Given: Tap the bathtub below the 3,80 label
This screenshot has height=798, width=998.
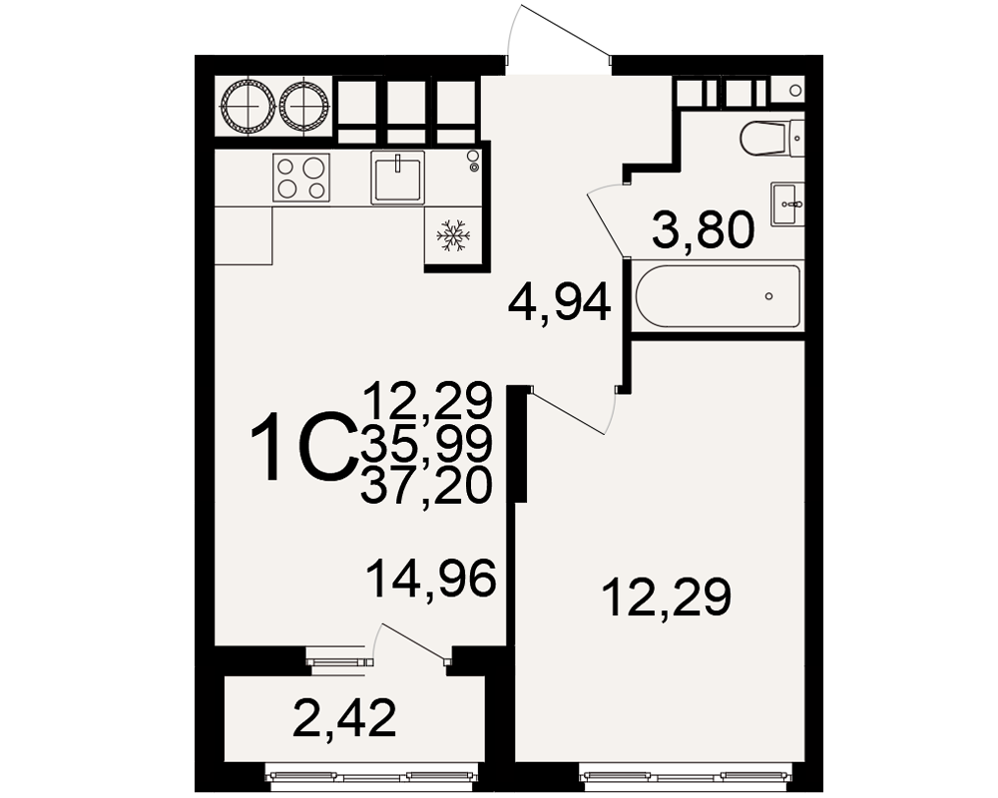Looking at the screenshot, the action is [x=718, y=296].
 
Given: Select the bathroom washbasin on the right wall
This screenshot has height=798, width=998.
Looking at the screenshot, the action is [x=788, y=204].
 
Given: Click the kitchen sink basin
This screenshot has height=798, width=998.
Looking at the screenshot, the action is [x=398, y=178].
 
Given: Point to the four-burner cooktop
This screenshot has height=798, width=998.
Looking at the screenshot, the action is [x=301, y=178].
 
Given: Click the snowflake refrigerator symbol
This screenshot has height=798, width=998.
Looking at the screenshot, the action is [x=452, y=234].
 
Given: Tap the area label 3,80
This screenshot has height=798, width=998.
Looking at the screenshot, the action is [x=704, y=230].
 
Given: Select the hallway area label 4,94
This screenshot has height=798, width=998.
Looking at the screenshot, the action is [x=560, y=303].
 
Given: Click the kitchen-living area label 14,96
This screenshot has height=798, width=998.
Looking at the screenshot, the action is [x=431, y=578].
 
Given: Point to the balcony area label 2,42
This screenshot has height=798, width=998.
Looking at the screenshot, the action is [x=344, y=718].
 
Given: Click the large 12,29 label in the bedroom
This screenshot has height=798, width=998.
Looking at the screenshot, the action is [x=667, y=597].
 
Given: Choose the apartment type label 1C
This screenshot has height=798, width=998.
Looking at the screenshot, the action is [x=302, y=446].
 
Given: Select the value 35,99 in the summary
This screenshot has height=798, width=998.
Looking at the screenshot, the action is [x=426, y=443].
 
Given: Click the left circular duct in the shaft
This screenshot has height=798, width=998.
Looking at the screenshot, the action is [x=248, y=107].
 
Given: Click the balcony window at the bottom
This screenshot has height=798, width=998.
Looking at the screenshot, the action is [x=371, y=776].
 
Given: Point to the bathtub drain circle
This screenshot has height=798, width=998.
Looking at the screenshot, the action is [x=769, y=296].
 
